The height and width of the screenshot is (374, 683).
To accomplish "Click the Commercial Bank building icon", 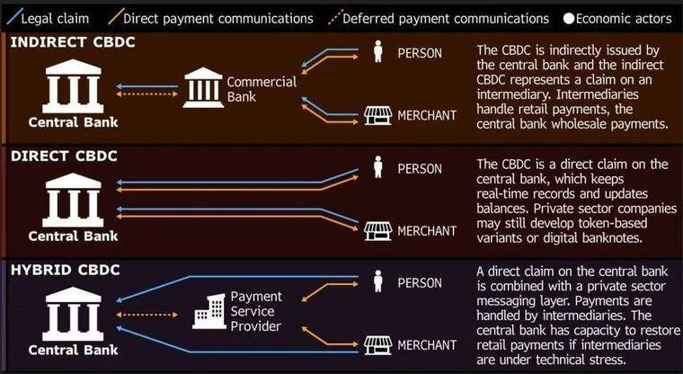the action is point(203,87).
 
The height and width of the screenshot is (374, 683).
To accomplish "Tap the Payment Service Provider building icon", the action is point(209,311).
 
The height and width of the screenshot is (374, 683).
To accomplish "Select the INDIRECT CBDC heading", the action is point(73,42).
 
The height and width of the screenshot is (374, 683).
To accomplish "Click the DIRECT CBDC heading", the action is point(64,156).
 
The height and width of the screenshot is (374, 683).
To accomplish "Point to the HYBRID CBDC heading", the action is point(66,270).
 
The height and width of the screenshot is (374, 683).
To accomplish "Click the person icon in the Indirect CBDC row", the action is point(378,51).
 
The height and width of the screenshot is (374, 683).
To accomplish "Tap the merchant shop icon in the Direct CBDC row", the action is point(377,231).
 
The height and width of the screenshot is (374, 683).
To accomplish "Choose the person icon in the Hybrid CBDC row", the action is point(378,281).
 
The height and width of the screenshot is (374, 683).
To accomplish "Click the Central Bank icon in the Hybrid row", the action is point(73,314).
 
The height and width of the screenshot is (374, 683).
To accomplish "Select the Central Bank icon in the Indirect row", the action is point(73,86).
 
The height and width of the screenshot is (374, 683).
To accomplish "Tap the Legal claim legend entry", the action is point(49,19).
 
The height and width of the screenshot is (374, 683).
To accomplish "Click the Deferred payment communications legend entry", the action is point(439,18).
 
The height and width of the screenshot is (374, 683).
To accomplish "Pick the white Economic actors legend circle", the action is point(569,19).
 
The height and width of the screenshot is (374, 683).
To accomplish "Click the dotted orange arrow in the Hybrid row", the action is point(147,315).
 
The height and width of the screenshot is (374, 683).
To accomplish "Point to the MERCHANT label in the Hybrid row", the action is point(427,345).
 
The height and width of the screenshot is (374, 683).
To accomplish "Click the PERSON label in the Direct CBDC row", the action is point(420,169).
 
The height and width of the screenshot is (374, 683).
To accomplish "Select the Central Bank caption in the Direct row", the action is point(73,236).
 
